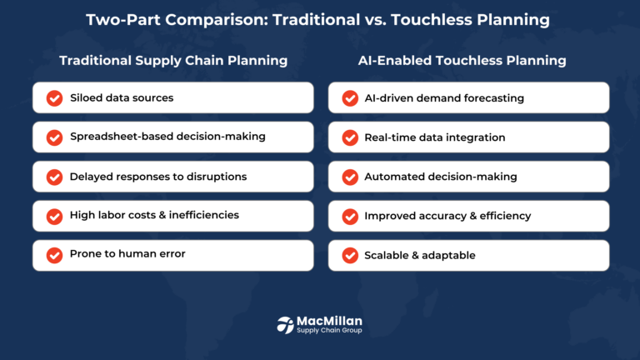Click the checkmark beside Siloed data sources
54,98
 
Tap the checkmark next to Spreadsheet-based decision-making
54,137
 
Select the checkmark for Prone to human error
54,255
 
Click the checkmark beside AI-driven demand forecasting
350,98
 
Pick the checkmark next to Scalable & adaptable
350,255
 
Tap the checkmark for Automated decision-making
350,177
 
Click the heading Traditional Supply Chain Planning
173,61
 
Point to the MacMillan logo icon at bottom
285,325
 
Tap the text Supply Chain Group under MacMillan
330,332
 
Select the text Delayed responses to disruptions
158,177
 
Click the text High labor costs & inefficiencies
154,215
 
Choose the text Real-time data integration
434,137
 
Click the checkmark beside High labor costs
54,216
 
